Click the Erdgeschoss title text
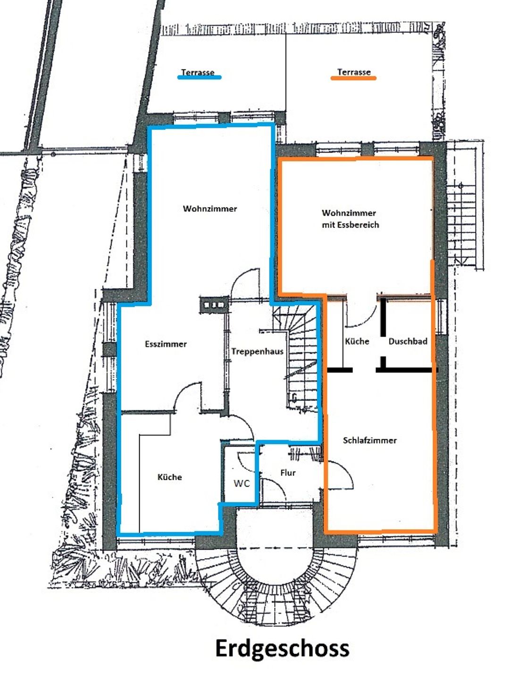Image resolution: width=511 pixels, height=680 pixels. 282,648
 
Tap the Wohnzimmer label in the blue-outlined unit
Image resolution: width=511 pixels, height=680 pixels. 210,209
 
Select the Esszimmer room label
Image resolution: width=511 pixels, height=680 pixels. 166,344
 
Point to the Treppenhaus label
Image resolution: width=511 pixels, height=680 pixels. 258,351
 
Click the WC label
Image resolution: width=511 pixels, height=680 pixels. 242,484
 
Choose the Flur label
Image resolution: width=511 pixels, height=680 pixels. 288,473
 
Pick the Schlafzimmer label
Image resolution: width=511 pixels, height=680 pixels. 370,440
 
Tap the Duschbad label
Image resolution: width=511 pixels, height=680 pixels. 408,341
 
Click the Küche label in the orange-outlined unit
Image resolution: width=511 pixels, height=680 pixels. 357,341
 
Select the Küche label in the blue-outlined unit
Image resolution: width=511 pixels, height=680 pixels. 169,477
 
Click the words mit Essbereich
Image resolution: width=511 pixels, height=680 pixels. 351,225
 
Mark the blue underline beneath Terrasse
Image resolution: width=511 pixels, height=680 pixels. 199,77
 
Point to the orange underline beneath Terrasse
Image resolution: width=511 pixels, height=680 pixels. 353,78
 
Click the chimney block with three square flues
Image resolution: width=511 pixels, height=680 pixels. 214,305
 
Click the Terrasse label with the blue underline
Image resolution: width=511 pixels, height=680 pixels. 198,72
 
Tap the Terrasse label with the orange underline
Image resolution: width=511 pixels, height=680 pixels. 354,72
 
